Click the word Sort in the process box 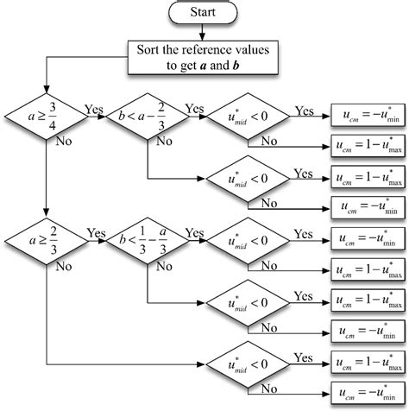[x=149, y=50]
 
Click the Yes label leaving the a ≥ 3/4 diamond [x=94, y=110]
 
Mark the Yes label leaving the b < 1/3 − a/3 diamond [x=195, y=233]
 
